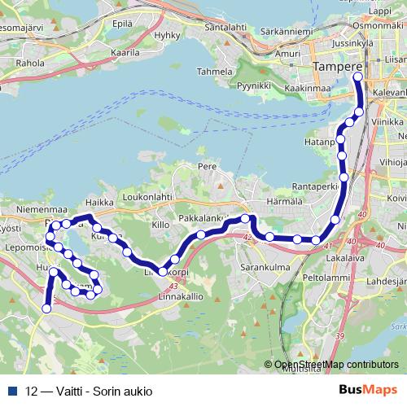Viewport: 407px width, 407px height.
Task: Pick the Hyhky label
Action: click(x=166, y=36)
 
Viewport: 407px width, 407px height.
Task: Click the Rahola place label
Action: click(x=30, y=62)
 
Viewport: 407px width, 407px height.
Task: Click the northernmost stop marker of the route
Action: click(x=358, y=77)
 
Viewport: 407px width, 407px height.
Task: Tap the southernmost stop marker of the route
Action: click(x=46, y=309)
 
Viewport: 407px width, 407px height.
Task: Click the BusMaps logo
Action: click(x=368, y=389)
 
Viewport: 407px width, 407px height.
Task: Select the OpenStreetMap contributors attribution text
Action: click(x=336, y=365)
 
